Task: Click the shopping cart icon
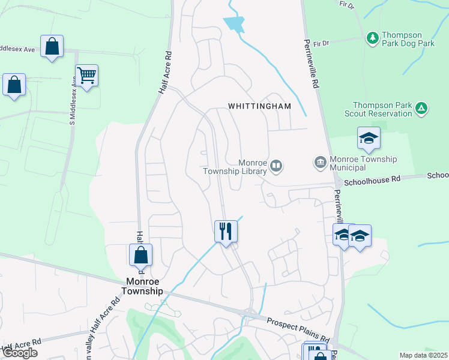87,76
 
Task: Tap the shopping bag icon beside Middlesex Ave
52,47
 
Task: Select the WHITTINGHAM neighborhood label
259,106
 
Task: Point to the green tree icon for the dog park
373,38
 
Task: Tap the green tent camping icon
422,109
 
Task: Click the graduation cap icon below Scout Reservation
369,139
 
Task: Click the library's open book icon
276,166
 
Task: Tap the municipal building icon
320,163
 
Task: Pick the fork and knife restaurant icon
226,230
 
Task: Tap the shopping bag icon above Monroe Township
140,254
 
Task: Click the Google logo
20,353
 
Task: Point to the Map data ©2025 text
423,355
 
